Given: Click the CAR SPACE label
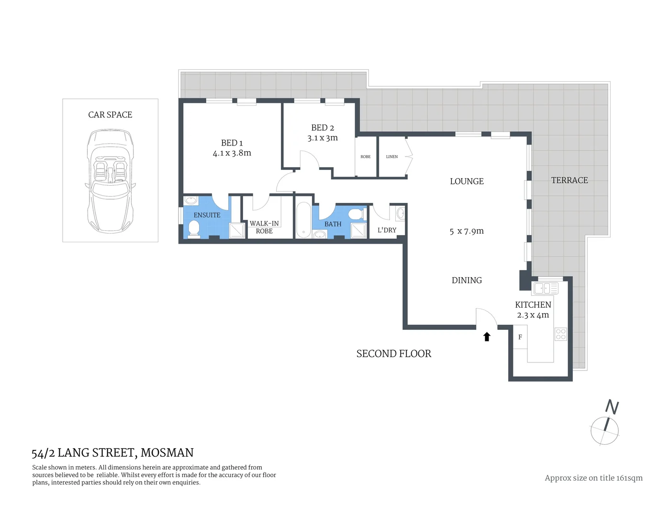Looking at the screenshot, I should click(110, 115).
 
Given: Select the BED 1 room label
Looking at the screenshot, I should click(232, 143).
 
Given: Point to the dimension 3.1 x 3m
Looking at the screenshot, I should click(323, 138).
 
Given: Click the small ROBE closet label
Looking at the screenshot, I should click(366, 157).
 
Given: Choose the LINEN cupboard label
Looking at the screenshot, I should click(392, 157).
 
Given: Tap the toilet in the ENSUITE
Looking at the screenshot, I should click(194, 229).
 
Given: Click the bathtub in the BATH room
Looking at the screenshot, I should click(303, 220).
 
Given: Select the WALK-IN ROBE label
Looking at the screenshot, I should click(264, 227).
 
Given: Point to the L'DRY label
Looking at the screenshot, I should click(387, 230).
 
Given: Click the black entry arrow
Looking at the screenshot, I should click(487, 337).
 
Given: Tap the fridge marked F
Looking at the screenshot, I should click(520, 337).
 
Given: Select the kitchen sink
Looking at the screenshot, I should click(546, 288).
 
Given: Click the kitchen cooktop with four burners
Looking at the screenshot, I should click(561, 334).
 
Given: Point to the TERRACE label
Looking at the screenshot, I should click(569, 180).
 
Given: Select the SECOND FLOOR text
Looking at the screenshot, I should click(394, 354).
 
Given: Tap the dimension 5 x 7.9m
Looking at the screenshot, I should click(467, 231).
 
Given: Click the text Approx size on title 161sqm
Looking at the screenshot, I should click(593, 478).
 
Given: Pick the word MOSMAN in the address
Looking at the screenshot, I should click(167, 453).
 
